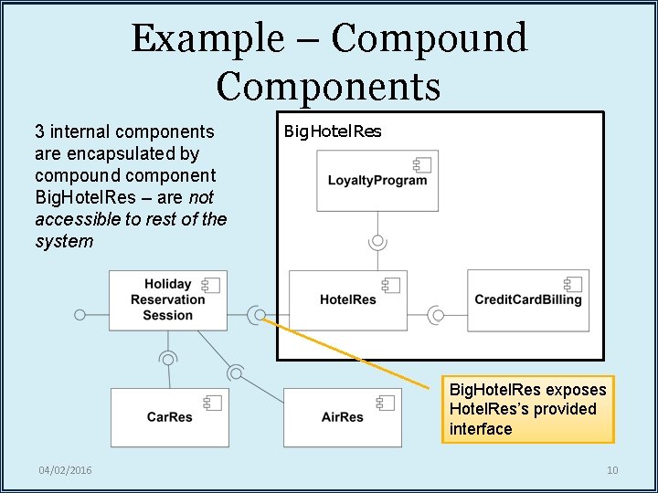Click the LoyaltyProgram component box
[x=377, y=181]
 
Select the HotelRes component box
[x=347, y=299]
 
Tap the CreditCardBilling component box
[x=527, y=299]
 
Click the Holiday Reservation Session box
[x=167, y=299]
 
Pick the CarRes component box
[x=169, y=417]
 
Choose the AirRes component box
[x=342, y=417]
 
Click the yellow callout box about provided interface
[x=527, y=409]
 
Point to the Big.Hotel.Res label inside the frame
[x=333, y=131]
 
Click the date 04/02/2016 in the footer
[x=65, y=470]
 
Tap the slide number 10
[x=612, y=470]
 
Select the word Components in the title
[x=329, y=86]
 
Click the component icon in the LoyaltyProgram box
[x=422, y=165]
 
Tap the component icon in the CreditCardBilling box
[x=573, y=284]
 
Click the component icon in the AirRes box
[x=386, y=403]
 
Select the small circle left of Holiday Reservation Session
[x=80, y=315]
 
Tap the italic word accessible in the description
[x=77, y=219]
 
